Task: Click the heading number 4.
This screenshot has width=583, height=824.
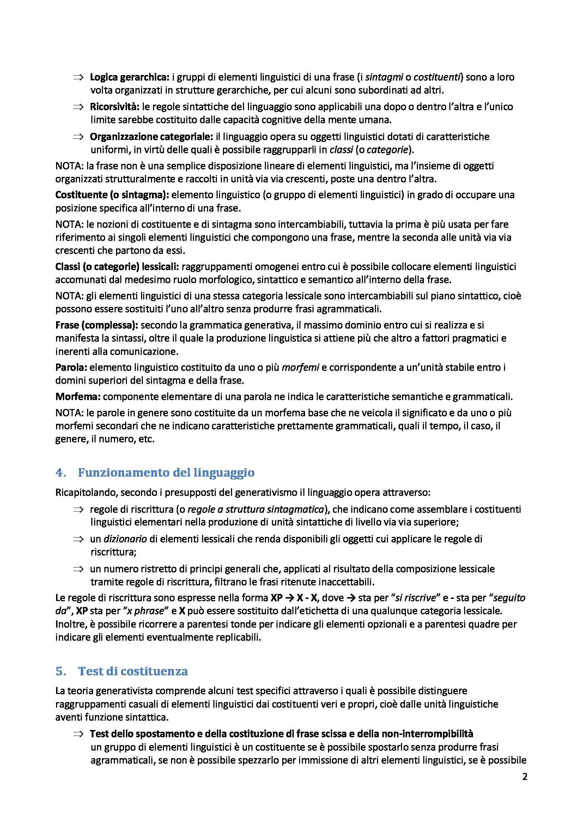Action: pos(60,473)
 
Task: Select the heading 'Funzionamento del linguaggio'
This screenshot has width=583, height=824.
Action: pos(166,473)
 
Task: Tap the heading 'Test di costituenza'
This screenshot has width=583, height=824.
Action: pos(133,671)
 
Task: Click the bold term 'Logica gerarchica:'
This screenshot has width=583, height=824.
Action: pos(129,77)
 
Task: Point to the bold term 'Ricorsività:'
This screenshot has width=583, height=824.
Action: pos(115,107)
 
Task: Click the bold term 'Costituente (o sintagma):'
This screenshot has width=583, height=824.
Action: pos(112,195)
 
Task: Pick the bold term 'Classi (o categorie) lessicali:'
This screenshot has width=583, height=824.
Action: pos(117,267)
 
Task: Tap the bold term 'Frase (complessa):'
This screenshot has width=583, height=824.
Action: pos(97,326)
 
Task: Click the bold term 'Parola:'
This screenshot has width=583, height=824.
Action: pos(71,367)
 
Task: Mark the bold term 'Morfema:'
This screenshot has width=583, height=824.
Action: pos(78,397)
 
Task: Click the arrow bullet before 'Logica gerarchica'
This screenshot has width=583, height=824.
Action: pos(78,77)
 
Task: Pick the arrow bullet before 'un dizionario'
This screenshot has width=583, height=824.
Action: pos(78,539)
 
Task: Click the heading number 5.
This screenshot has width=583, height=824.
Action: pos(60,671)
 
